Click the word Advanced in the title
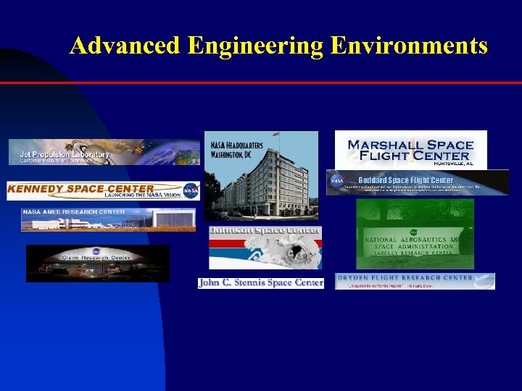click(125, 46)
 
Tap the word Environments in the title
click(409, 46)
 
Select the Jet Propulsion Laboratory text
click(65, 154)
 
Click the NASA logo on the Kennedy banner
click(191, 191)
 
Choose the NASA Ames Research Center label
click(74, 212)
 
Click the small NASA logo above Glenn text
click(97, 250)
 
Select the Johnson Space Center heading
click(265, 231)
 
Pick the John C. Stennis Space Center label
click(261, 282)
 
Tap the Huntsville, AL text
click(453, 164)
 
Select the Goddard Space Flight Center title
click(405, 180)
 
